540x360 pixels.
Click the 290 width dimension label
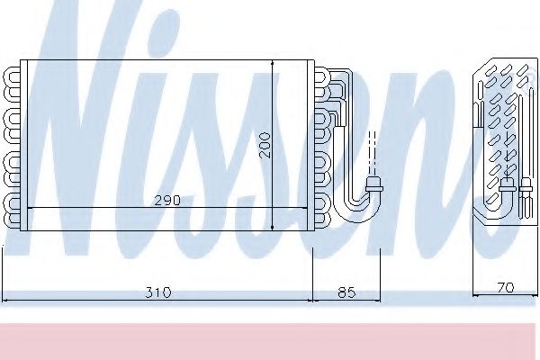tap(166, 200)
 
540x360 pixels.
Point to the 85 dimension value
tap(346, 292)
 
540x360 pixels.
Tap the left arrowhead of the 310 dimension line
tap(7, 298)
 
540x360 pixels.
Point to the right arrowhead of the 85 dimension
tap(377, 298)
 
